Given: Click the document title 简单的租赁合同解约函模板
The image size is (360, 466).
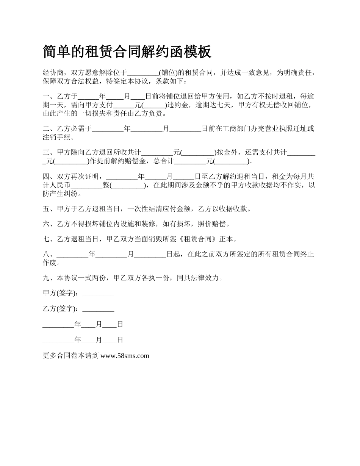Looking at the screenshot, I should point(127,52).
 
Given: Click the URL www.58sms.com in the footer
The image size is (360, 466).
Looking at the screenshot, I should point(125,356).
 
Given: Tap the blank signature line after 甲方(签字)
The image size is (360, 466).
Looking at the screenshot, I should point(98,294).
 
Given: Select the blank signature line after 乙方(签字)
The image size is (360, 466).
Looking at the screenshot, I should point(98,309).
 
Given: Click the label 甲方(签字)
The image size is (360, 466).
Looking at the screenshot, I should point(61,294).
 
